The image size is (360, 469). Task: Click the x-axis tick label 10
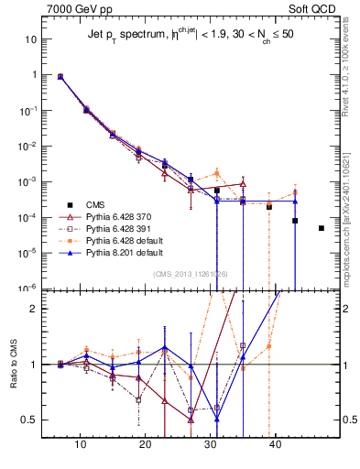(x=81, y=444)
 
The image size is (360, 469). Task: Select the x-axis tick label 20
(x=146, y=444)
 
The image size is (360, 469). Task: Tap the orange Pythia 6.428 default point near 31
(x=217, y=172)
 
